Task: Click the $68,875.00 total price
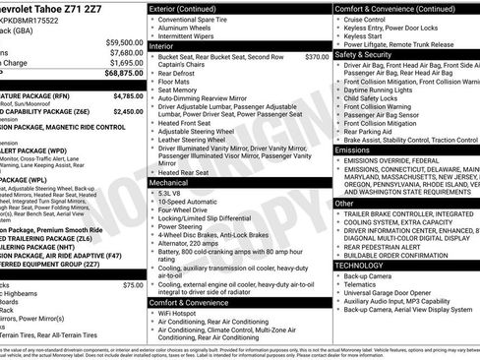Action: [x=119, y=72]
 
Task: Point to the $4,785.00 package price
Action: [x=122, y=95]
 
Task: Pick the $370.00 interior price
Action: [x=316, y=57]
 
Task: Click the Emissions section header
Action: [x=354, y=150]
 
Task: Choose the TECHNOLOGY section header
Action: [x=360, y=265]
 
